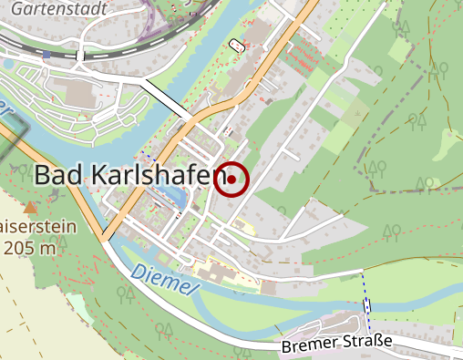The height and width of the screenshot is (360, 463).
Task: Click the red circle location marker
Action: point(232,180)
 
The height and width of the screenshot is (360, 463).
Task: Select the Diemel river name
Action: point(164,279)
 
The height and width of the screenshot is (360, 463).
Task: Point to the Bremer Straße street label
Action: point(336,344)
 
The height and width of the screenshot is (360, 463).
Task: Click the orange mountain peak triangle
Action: point(29,207)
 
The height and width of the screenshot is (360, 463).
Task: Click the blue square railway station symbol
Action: point(46,55)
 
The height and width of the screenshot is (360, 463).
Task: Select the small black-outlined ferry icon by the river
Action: point(238,44)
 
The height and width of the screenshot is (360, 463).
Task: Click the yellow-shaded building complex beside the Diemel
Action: point(215,272)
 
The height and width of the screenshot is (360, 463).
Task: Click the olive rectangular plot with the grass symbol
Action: point(355,113)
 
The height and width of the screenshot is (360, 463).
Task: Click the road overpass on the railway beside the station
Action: point(81,55)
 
